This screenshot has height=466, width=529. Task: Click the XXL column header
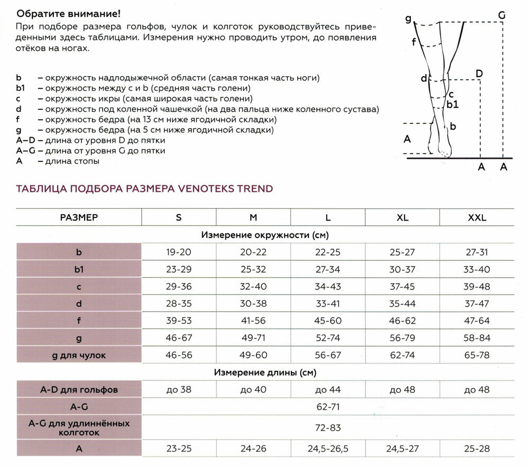point(477,217)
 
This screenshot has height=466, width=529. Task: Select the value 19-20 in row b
point(178,252)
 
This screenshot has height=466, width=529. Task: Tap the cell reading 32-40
point(253,287)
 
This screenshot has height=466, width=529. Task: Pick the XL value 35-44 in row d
point(402,304)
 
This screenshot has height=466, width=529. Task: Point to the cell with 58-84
point(477,338)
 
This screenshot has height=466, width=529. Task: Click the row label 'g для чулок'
point(79,355)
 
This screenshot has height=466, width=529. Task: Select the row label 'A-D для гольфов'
point(79,390)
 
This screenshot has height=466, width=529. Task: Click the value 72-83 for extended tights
point(328,427)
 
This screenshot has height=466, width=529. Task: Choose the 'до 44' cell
point(328,390)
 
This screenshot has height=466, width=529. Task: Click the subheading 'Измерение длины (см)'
point(265,373)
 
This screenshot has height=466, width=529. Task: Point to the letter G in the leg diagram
point(501,15)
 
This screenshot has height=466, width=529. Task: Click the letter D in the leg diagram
point(479,73)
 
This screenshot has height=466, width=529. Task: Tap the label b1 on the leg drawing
point(452,105)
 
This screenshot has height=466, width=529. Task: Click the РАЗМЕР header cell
point(79,217)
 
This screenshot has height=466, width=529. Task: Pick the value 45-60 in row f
point(328,321)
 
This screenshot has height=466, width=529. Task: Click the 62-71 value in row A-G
point(328,407)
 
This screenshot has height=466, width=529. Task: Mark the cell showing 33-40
point(477,269)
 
